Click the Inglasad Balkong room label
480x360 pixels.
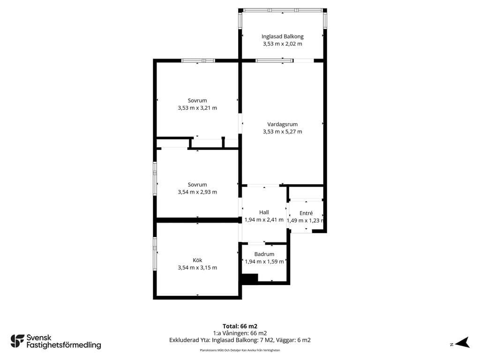coord(282,37)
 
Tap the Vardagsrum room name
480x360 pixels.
coord(282,124)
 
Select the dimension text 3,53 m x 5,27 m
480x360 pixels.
coord(282,132)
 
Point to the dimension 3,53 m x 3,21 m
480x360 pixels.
coord(197,108)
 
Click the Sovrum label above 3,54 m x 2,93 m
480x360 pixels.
coord(197,185)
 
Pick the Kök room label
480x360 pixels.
coord(197,260)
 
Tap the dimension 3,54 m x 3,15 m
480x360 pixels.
coord(197,268)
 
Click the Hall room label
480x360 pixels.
coord(264,212)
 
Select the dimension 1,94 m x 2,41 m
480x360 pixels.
coord(264,220)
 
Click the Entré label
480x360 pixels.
coord(306,213)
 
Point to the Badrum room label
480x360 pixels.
coord(264,254)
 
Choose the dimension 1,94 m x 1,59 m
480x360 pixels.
coord(264,262)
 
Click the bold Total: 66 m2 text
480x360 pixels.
coord(240,326)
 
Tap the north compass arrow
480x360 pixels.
coord(462,343)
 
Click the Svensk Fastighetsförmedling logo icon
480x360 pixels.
coord(17,341)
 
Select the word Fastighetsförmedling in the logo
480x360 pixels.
coord(64,345)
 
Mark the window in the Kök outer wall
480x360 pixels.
coord(155,254)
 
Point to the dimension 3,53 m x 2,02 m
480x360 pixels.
coord(282,44)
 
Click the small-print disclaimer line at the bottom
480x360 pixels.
coord(240,350)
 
